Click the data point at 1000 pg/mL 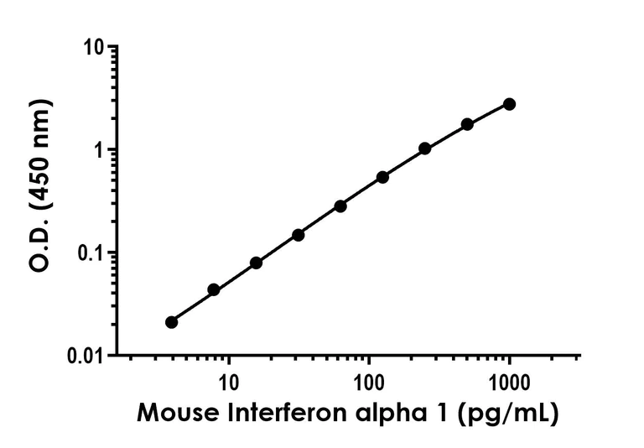click(509, 104)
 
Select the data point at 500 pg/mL click(467, 124)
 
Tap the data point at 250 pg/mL click(425, 148)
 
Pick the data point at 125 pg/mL click(382, 177)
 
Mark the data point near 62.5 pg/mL click(340, 206)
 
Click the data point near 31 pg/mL click(298, 235)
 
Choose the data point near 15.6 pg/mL click(256, 263)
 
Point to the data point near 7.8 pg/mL click(214, 289)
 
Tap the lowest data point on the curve click(172, 322)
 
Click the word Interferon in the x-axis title click(302, 414)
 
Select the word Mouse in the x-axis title click(174, 414)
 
